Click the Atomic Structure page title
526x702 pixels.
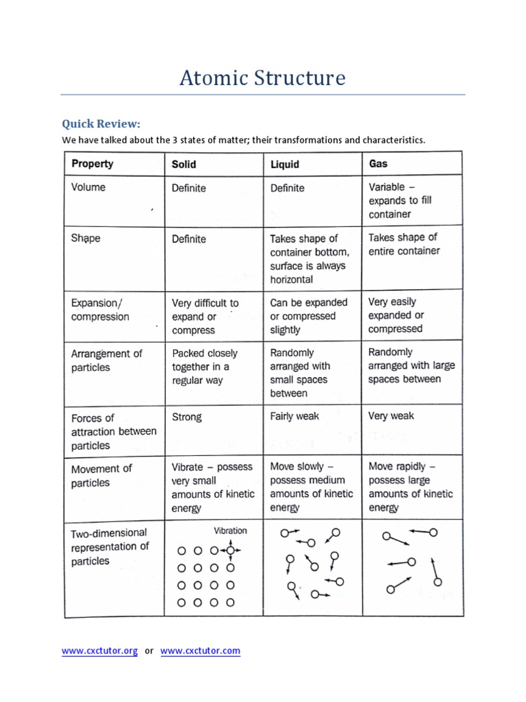[262, 78]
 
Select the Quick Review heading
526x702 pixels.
[101, 123]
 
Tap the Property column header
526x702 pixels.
[92, 164]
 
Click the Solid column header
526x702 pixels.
[184, 165]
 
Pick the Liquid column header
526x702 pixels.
[285, 165]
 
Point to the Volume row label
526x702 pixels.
[88, 186]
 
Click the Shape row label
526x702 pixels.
[86, 239]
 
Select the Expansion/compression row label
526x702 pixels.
[100, 309]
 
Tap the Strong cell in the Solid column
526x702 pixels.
[187, 416]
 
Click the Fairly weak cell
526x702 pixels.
[295, 415]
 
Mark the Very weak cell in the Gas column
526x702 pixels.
[391, 415]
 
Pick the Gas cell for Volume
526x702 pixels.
[400, 200]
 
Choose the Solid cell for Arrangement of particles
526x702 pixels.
[205, 367]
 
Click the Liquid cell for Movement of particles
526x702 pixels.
[312, 487]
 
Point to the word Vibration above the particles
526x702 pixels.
[230, 531]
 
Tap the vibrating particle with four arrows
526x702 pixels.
[230, 550]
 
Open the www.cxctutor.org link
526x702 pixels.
[100, 651]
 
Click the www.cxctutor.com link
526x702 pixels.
[200, 651]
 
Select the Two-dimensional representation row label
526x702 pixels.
[110, 547]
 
